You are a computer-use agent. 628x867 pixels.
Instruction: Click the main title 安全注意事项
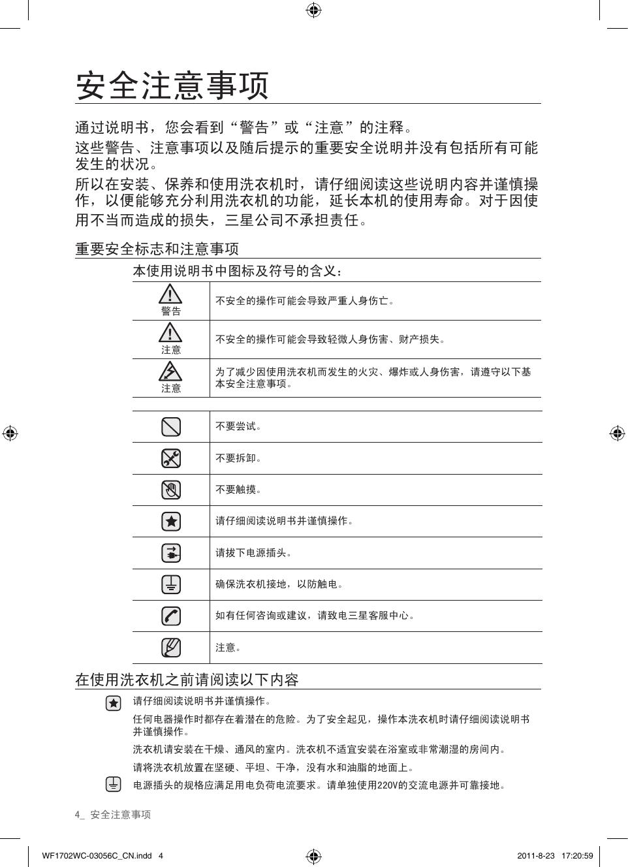[x=172, y=86]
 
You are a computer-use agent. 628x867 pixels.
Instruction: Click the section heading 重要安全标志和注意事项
[x=157, y=249]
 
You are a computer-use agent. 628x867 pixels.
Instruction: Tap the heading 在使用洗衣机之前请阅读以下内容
[x=187, y=680]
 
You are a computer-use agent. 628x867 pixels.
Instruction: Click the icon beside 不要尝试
[x=171, y=427]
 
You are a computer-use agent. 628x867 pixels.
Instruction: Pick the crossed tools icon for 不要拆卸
[x=171, y=458]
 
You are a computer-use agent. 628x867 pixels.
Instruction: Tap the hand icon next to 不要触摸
[x=171, y=490]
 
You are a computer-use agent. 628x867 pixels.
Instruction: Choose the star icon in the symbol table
[x=171, y=522]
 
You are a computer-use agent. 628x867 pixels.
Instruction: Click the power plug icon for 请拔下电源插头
[x=171, y=553]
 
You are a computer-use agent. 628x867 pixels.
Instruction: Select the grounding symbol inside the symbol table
[x=171, y=584]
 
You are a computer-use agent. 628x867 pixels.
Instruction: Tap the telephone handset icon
[x=171, y=616]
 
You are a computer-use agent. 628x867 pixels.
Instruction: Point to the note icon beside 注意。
[x=171, y=648]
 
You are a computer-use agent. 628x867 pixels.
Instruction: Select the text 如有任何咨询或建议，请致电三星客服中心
[x=315, y=616]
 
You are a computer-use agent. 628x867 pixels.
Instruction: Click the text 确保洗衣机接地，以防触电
[x=279, y=584]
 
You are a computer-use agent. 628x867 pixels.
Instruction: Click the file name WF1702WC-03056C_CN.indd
[x=97, y=856]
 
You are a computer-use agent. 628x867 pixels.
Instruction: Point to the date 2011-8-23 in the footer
[x=535, y=856]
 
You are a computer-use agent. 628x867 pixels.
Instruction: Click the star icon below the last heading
[x=114, y=703]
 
